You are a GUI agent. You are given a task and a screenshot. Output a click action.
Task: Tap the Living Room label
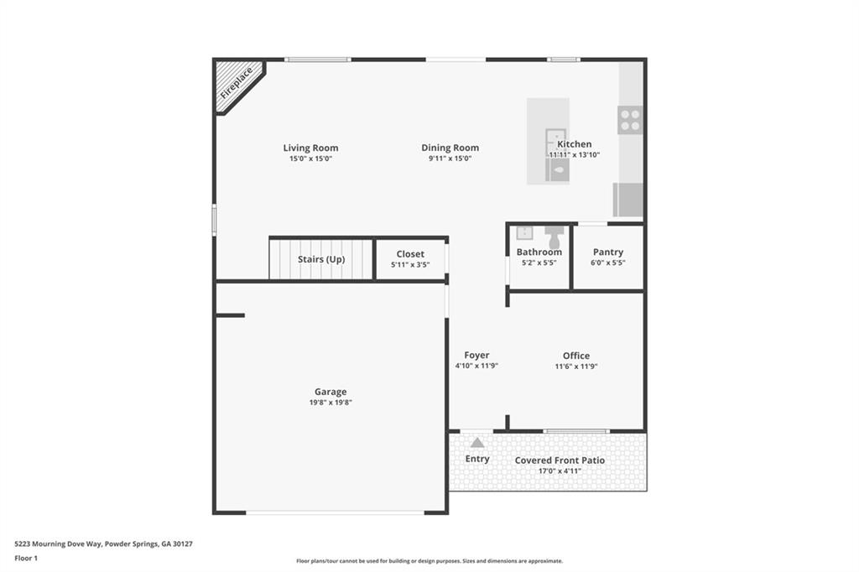point(310,148)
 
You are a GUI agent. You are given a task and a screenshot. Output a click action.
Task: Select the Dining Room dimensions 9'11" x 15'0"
point(450,159)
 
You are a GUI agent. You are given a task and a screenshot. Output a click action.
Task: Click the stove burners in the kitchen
point(630,121)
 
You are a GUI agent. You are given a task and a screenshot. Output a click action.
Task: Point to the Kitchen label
point(575,144)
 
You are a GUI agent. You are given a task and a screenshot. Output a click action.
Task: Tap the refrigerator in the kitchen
point(628,200)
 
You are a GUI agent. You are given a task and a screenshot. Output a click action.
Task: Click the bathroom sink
point(525,233)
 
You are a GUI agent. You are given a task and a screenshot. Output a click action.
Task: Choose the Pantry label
point(608,252)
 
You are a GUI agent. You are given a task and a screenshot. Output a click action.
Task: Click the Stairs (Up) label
point(321,259)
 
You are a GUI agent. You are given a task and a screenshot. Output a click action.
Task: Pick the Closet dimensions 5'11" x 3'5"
point(410,265)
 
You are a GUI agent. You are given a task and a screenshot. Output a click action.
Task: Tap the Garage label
point(331,392)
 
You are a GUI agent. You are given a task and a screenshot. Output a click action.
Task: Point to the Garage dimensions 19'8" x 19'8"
point(331,403)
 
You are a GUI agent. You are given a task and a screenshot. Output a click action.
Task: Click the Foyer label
point(476,356)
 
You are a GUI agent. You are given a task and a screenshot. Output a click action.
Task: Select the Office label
point(576,356)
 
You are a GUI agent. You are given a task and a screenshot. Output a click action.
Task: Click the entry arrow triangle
point(477,443)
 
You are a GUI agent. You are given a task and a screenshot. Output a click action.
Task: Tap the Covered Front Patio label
point(560,460)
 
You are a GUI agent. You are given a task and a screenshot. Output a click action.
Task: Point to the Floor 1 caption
point(26,558)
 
